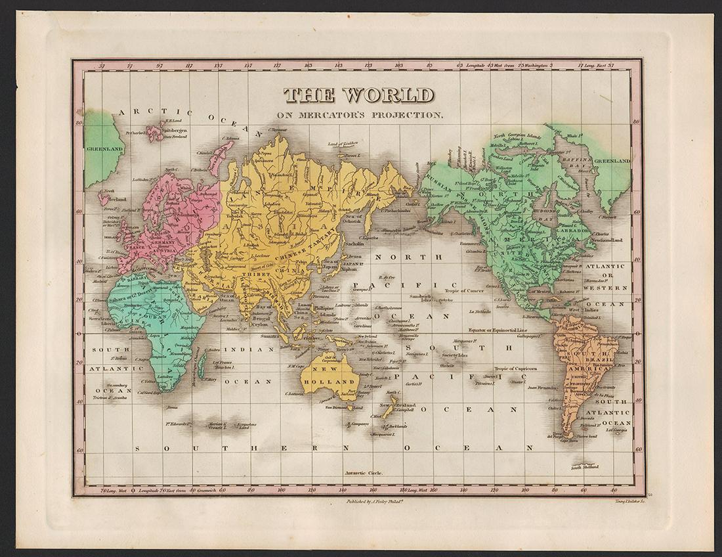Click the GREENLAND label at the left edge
point(104,149)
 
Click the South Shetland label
point(584,467)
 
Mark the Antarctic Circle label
point(363,473)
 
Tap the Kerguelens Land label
point(247,426)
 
